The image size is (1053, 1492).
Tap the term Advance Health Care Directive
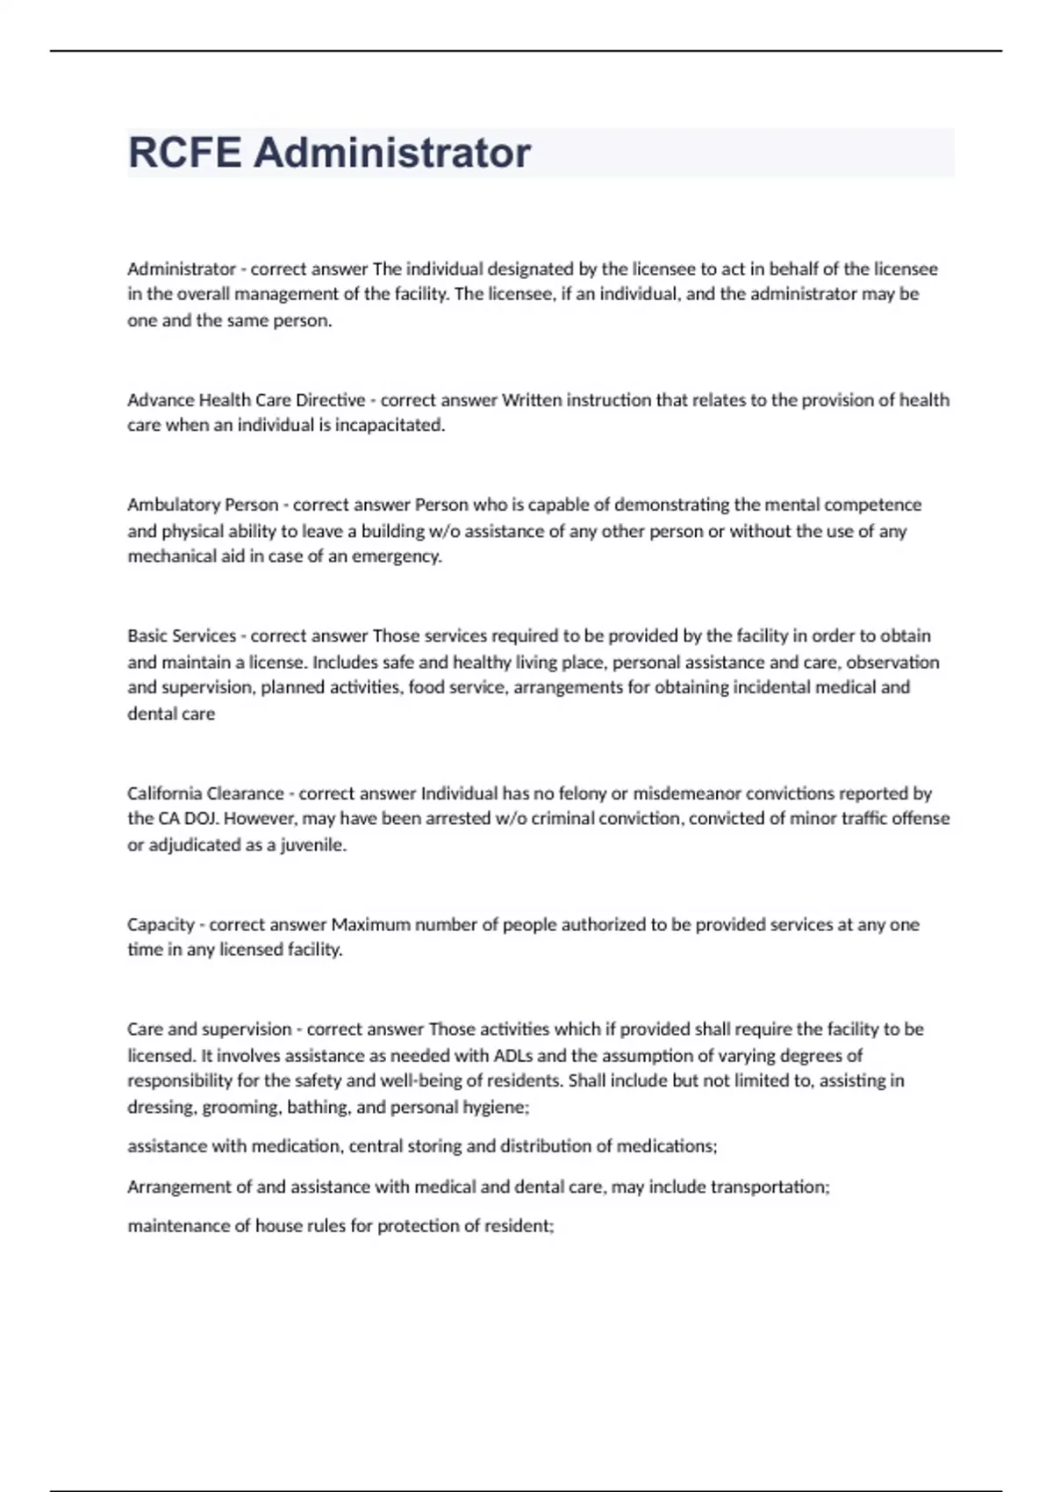point(246,400)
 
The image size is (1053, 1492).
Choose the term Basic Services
point(182,635)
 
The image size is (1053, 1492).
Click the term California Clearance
point(205,793)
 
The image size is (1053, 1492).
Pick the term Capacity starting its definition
point(161,924)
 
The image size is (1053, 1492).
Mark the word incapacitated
point(390,426)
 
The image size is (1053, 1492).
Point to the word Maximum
point(370,924)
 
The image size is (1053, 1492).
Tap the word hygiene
point(500,1107)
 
